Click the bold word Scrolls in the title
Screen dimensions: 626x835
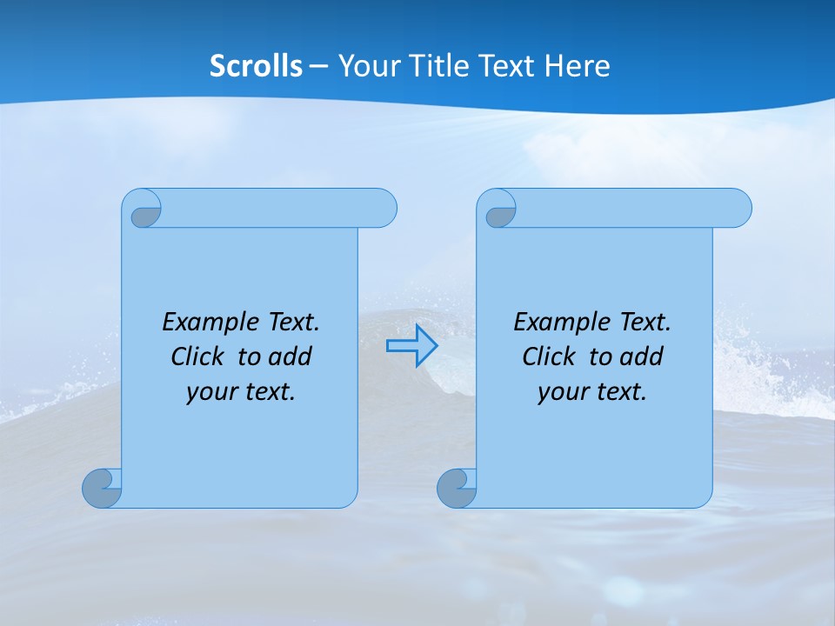pos(257,65)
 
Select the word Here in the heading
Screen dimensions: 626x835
pos(578,65)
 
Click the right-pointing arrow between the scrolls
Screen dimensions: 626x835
pos(411,345)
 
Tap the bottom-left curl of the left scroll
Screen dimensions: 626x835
pos(102,487)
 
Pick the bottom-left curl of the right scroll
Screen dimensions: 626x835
pos(457,487)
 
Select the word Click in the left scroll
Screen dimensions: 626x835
pos(197,356)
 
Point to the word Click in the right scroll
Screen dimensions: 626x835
pos(548,356)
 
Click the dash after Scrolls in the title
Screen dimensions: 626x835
pos(319,66)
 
